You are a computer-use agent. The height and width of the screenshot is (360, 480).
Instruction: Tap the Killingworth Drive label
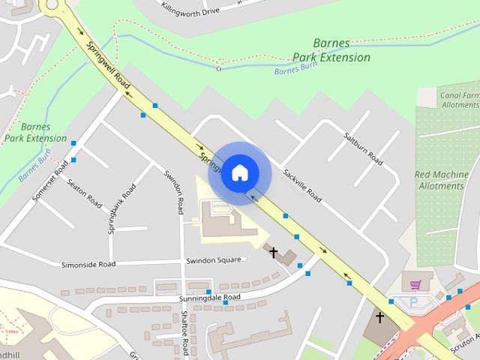coord(190,10)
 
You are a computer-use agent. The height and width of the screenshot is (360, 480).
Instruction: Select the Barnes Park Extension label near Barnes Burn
coord(331,50)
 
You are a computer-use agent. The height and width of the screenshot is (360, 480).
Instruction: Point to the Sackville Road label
coord(302,184)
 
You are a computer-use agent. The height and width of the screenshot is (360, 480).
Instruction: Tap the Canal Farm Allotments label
coord(459,100)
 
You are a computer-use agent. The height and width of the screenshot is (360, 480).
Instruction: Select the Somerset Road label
coord(50,181)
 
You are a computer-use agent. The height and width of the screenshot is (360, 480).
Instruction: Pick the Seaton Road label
coord(84,193)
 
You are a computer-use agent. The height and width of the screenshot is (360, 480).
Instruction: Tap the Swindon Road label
coord(174,191)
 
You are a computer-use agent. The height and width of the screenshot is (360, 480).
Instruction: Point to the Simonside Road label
coord(88,264)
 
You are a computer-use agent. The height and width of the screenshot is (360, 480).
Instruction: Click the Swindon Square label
coord(214,260)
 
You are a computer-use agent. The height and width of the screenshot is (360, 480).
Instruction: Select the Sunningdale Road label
coord(210,298)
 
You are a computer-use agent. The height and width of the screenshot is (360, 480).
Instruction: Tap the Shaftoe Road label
coord(185,334)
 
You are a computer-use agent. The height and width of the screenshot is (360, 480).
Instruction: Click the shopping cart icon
coord(415,284)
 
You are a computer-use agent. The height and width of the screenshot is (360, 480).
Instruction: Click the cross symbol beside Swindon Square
coord(274,253)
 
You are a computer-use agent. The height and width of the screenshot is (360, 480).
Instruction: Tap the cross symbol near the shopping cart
coord(379,317)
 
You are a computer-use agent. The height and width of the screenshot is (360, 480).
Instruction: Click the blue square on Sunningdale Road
coord(208,290)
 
